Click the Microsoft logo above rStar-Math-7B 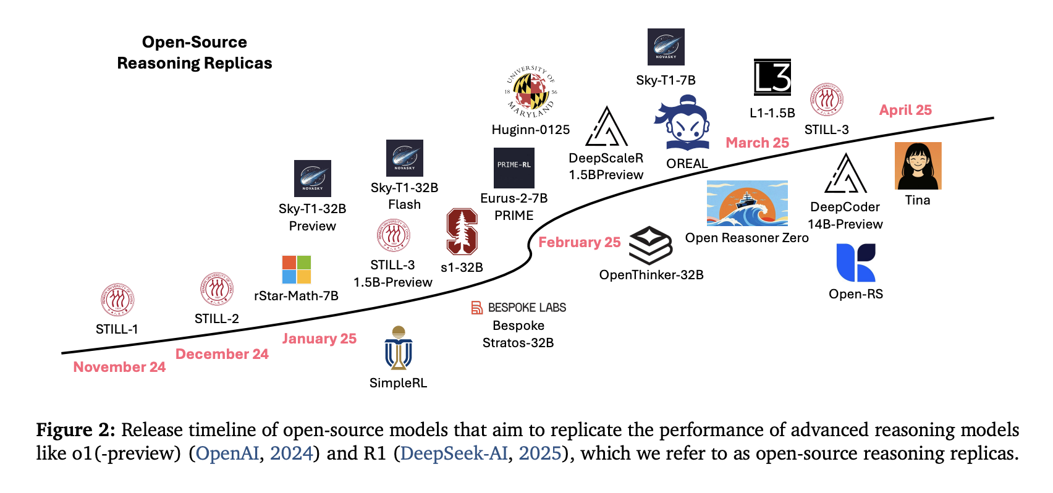296,270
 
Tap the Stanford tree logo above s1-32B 462,232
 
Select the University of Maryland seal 531,91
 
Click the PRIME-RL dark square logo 514,168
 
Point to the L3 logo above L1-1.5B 772,77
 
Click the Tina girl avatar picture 918,166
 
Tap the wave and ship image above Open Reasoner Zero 747,203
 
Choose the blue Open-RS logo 855,263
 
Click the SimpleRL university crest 398,348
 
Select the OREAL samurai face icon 683,123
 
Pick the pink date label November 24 119,367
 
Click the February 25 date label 579,242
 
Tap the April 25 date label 905,110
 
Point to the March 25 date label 758,143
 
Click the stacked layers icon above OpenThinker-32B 651,245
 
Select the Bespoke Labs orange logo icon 476,308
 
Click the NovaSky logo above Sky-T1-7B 666,47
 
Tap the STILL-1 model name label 117,329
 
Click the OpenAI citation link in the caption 227,453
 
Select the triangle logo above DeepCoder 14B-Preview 845,174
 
